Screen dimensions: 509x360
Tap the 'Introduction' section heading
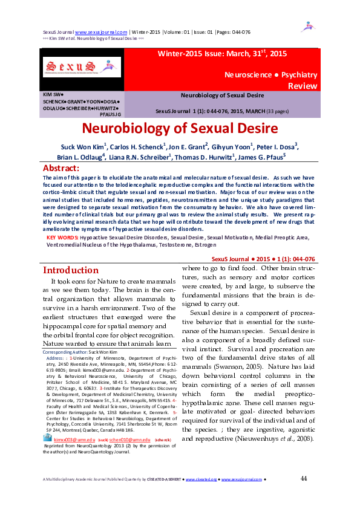(71, 270)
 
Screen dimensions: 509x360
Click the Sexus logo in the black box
(82, 67)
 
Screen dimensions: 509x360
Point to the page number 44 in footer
(304, 479)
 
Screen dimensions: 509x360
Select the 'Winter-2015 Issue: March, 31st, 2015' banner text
(222, 54)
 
